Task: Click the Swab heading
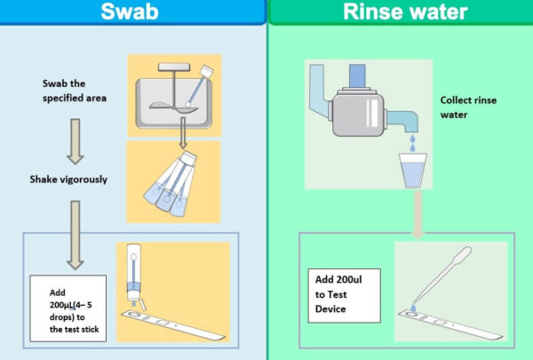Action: click(132, 12)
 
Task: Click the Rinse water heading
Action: click(399, 12)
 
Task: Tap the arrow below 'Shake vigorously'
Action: click(76, 233)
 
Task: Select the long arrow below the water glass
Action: click(415, 213)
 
